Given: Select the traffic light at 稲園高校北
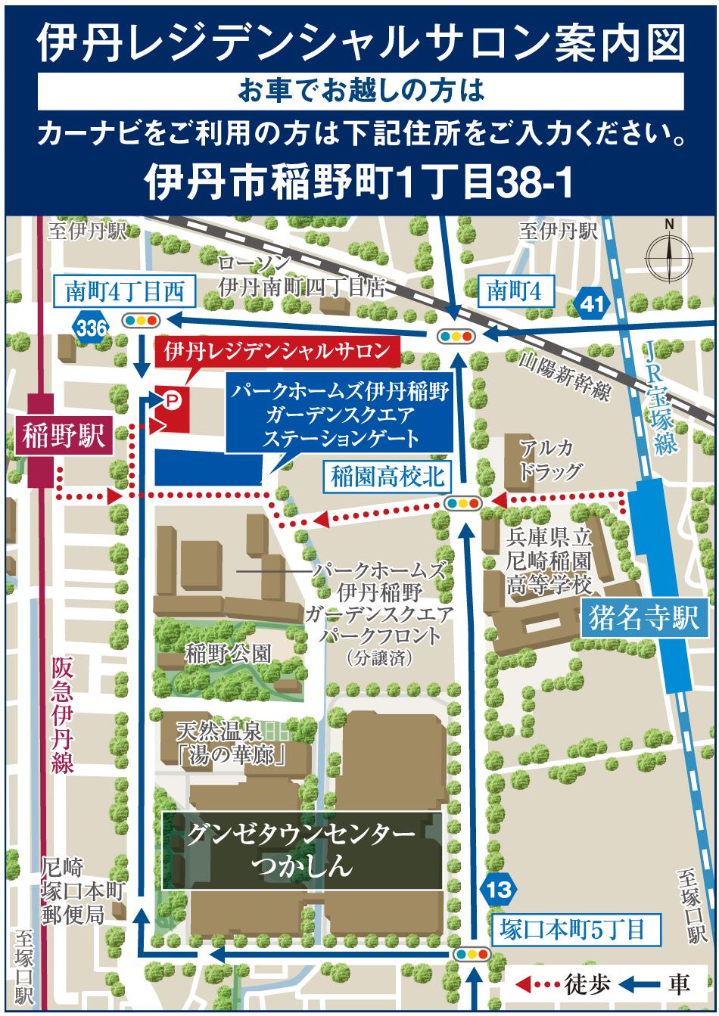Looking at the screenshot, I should tap(462, 501).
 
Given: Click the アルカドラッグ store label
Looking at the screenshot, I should tap(551, 459).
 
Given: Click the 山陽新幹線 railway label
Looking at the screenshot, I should tap(565, 376).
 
